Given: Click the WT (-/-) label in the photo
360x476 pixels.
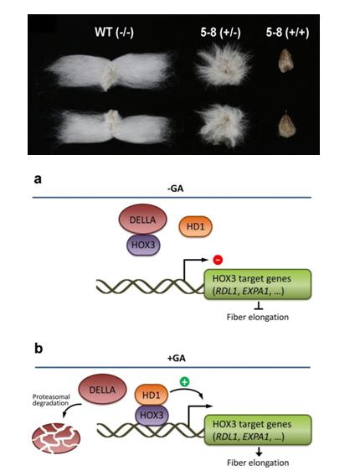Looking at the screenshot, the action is tap(114, 32).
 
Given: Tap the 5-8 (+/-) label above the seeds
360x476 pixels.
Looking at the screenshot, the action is tap(220, 33).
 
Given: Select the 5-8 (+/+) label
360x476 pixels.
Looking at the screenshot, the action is tap(287, 33).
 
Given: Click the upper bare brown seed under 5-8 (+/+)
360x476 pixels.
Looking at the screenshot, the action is tap(285, 61).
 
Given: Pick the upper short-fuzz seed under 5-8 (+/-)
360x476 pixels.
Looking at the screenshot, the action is tap(224, 67).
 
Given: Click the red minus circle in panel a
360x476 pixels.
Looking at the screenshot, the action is tap(218, 260).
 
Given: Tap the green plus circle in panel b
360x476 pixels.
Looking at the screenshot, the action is tap(184, 381).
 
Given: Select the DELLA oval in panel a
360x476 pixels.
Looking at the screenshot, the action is tap(142, 220).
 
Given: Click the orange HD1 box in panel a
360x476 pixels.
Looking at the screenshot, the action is tap(196, 226).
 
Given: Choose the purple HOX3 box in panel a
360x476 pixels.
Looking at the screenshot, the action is tap(143, 245).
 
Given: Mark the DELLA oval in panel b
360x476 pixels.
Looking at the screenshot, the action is tap(102, 389).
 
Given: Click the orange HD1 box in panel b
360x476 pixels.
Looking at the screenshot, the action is tap(151, 395).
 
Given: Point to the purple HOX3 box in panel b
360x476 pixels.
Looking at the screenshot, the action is tap(152, 415).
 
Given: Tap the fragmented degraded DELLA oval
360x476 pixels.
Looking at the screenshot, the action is tap(56, 438).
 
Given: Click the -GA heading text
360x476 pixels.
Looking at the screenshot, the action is tap(175, 189).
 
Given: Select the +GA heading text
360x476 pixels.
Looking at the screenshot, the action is tap(176, 358).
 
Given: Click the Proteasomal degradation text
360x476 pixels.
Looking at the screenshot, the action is tap(51, 400).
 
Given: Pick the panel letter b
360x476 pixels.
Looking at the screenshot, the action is tap(39, 348).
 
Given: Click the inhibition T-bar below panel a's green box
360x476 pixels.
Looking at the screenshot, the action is tap(259, 306).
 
